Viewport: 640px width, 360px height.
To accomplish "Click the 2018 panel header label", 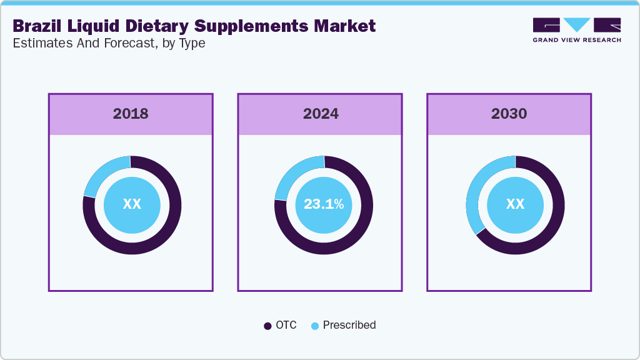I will tap(131, 114).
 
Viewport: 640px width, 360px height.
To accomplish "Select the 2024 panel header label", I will tap(321, 114).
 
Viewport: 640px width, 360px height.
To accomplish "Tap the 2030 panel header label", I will tap(509, 114).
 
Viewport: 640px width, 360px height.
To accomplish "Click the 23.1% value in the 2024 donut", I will tap(324, 204).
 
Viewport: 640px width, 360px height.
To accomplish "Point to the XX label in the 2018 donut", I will tap(132, 204).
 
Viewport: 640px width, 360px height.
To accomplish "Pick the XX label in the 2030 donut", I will tap(515, 204).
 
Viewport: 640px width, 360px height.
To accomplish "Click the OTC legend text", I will tap(286, 325).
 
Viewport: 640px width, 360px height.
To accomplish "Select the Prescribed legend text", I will tap(349, 325).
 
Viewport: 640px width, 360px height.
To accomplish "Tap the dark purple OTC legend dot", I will tap(267, 326).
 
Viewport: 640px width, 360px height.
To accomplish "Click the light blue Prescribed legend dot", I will tap(315, 326).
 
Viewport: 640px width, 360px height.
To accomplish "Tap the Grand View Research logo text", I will tap(577, 40).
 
